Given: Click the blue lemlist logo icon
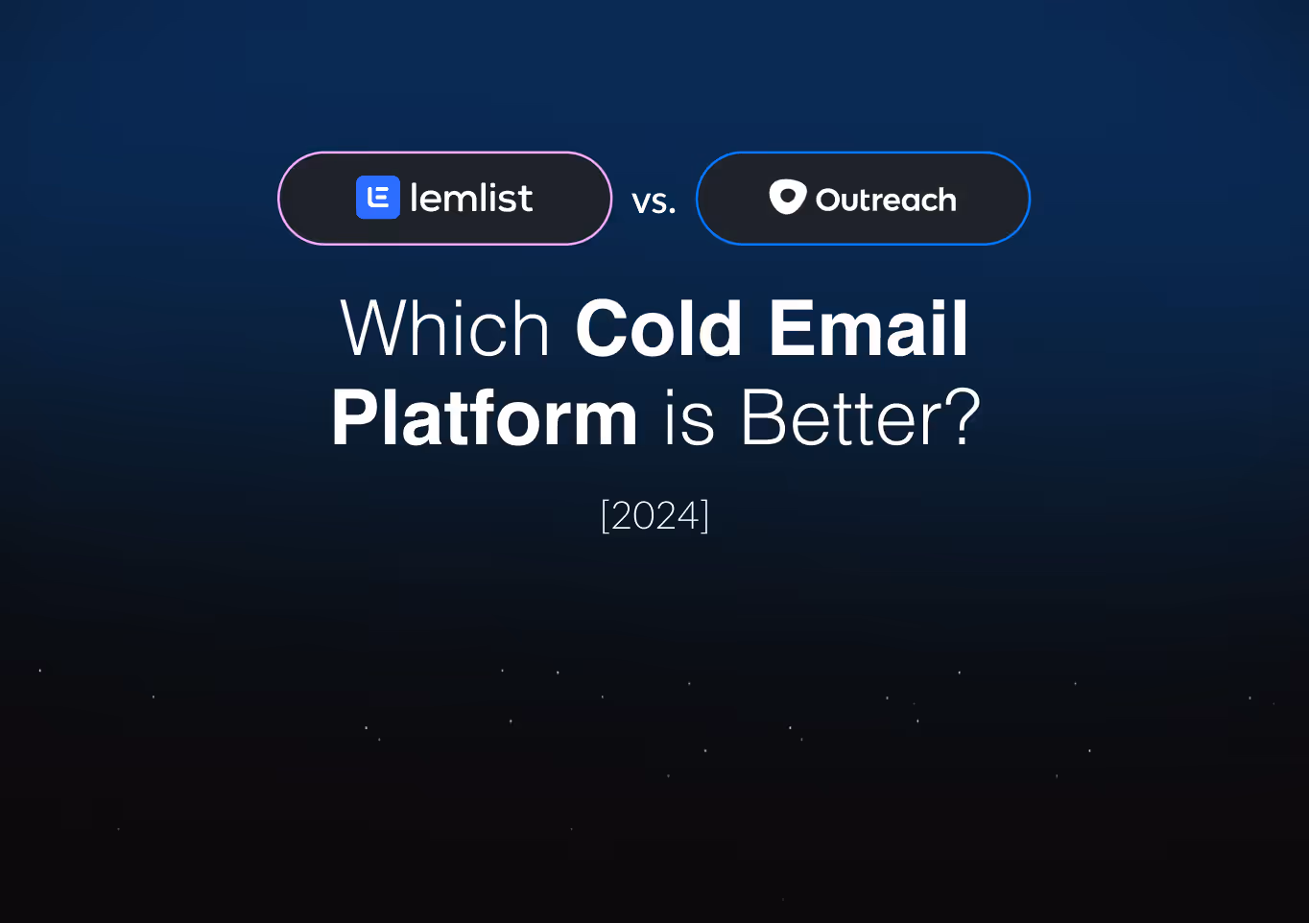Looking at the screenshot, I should pos(377,198).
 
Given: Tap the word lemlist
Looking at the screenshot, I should pos(470,199).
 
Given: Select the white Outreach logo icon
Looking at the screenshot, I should pos(787,197).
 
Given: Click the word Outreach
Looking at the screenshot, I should pos(886,200).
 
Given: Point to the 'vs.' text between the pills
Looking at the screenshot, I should pos(654,201).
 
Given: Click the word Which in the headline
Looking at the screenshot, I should pos(445,328).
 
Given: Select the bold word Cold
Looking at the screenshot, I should pos(658,328).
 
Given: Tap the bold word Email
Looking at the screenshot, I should pos(869,328).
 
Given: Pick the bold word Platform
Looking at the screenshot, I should pos(485,417).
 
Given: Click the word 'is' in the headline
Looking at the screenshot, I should pos(689,418).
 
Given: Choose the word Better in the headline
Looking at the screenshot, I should pos(843,418).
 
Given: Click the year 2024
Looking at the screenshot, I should pos(654,516).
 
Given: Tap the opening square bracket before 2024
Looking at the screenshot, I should pos(605,516).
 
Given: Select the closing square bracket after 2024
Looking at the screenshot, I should pos(705,516).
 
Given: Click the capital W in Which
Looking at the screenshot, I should pos(376,328).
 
